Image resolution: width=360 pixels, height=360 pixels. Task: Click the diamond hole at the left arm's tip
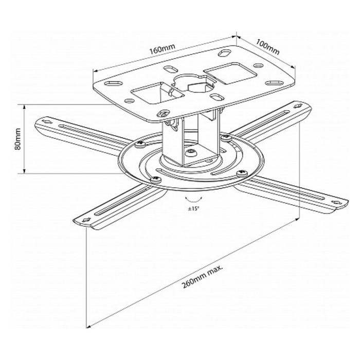[46, 121]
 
